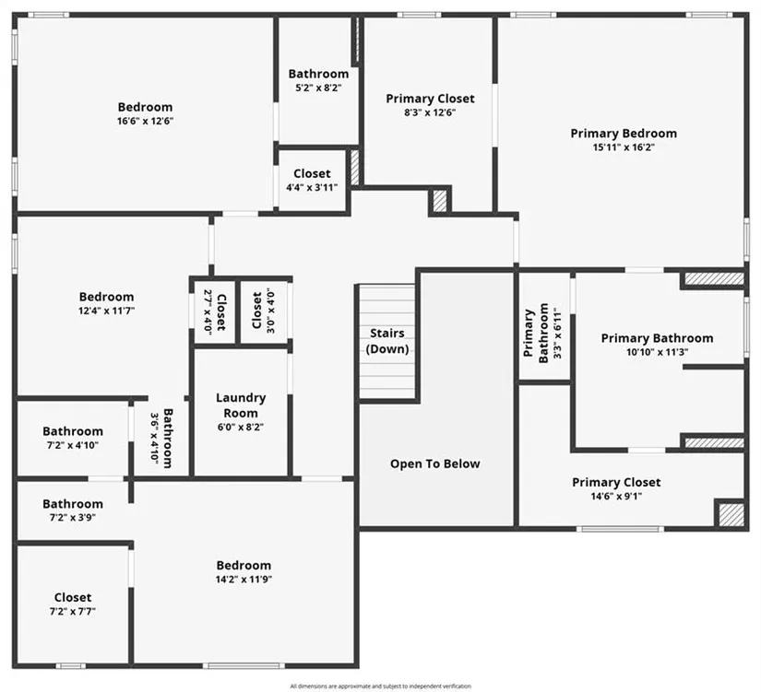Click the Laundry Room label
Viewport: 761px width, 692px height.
coord(241,405)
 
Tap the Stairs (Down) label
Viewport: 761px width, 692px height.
coord(387,341)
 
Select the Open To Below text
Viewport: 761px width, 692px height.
coord(434,463)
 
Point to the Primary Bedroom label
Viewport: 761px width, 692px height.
coord(623,134)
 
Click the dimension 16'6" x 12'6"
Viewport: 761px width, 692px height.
coord(145,121)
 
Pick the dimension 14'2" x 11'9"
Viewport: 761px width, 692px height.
coord(244,580)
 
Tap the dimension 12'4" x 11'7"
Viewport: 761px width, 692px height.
coord(106,311)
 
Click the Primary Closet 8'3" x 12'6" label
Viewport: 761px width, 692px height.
coord(430,105)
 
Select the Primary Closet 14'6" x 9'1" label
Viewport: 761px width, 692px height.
coord(616,488)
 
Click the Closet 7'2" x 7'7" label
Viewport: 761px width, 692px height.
coord(72,604)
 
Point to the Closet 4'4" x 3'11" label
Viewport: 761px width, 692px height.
coord(312,180)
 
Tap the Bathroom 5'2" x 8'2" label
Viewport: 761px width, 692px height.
coord(318,80)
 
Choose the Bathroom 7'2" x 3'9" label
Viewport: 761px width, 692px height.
coord(72,510)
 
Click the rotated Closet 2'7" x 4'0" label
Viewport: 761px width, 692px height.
coord(214,311)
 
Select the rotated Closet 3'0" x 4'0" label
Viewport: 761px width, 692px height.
coord(263,311)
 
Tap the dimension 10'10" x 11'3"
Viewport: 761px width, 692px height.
coord(657,352)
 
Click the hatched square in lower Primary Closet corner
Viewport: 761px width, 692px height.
coord(731,513)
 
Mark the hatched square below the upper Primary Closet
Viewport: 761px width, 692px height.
coord(440,201)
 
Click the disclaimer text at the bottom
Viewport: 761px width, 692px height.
coord(380,686)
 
